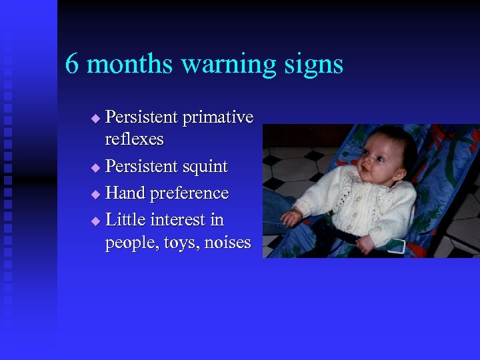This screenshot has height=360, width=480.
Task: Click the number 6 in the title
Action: point(73,65)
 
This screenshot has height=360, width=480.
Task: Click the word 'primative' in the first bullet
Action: point(217,118)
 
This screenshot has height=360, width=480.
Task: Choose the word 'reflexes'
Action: point(134,139)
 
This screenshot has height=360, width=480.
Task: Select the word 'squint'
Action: point(203,167)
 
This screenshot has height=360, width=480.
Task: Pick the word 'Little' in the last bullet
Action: point(126,219)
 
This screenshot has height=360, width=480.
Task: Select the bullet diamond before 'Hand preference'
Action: point(95,194)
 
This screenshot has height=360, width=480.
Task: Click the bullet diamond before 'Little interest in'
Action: point(95,220)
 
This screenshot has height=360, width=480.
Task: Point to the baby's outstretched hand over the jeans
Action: point(291,218)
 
